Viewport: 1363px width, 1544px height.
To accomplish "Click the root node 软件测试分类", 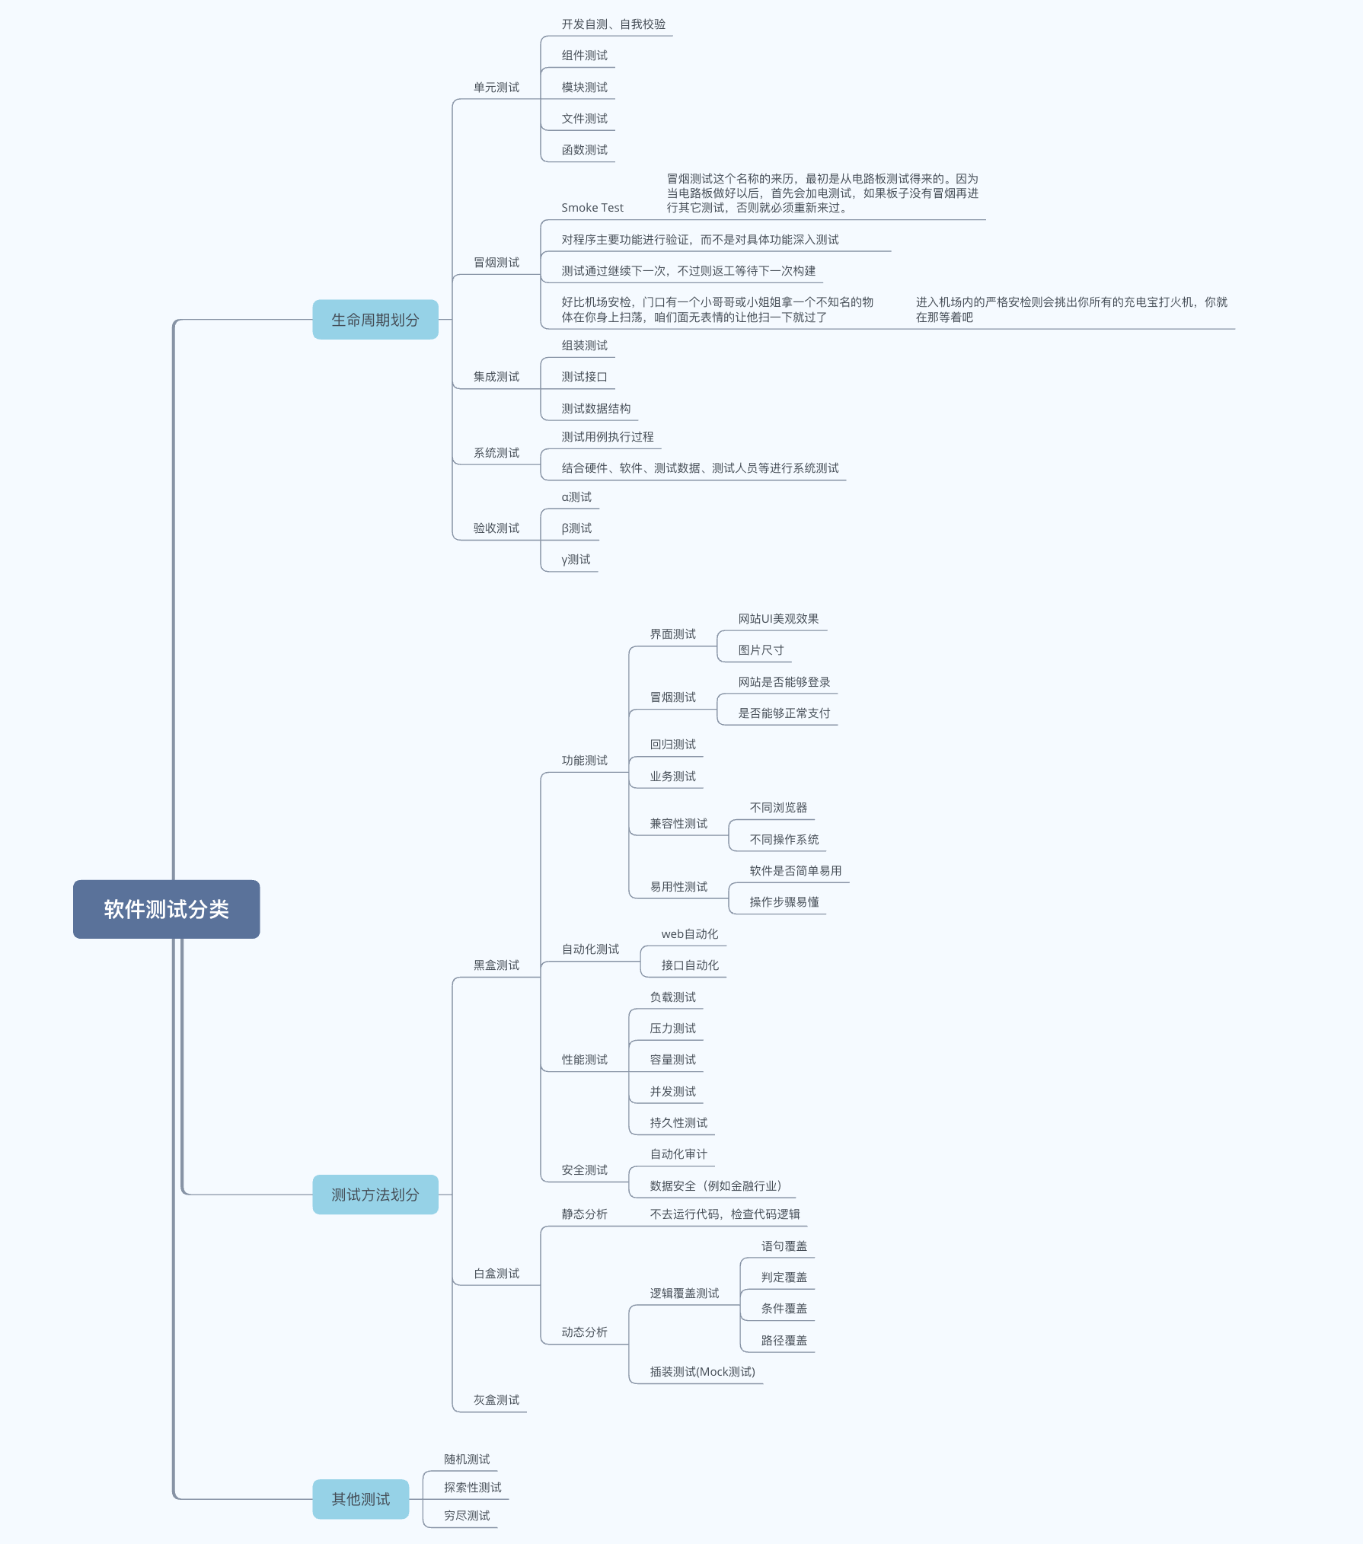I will tap(166, 909).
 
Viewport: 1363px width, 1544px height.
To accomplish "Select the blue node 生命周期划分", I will tap(375, 320).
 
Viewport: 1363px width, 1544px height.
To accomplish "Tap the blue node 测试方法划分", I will tap(375, 1195).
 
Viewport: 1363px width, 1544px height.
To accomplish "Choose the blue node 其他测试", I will tap(360, 1499).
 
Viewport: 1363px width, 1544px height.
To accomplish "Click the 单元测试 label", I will tap(496, 88).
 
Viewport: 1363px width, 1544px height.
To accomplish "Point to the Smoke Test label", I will tap(592, 208).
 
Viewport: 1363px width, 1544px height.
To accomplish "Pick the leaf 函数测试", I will tap(584, 150).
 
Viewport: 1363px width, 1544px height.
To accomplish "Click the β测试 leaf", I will tap(576, 528).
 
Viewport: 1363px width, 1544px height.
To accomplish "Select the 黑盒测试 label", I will tap(496, 965).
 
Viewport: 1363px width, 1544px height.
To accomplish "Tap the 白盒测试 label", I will tap(496, 1274).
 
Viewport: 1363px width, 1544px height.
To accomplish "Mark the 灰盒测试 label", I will tap(496, 1400).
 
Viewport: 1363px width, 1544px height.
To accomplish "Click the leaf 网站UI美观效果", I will tap(778, 619).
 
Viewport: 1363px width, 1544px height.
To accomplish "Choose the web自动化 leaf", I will tap(689, 934).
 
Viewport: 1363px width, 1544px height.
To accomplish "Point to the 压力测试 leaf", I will tap(672, 1029).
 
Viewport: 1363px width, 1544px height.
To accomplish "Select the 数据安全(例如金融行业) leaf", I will tap(715, 1186).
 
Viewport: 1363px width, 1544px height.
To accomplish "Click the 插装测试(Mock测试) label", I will tap(702, 1372).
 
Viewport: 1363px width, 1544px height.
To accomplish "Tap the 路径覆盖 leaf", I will tap(784, 1341).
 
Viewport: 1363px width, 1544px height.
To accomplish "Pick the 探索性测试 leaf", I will tap(472, 1488).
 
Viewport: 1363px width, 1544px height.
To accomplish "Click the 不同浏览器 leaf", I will tap(778, 808).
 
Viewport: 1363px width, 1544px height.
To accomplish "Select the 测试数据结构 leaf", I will tap(595, 409).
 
